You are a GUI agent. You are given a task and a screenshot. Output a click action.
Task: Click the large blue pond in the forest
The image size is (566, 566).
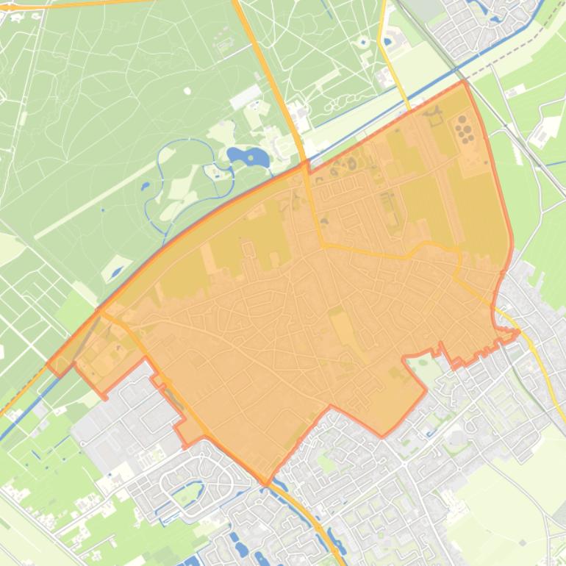point(248,157)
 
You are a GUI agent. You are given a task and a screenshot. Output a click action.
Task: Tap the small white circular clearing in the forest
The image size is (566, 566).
point(187,91)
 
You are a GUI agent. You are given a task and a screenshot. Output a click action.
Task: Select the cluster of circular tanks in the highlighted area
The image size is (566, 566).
point(464,129)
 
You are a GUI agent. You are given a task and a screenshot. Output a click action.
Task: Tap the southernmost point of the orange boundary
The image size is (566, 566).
point(267,483)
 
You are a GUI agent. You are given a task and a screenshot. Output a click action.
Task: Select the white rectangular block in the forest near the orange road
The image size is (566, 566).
point(246,96)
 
